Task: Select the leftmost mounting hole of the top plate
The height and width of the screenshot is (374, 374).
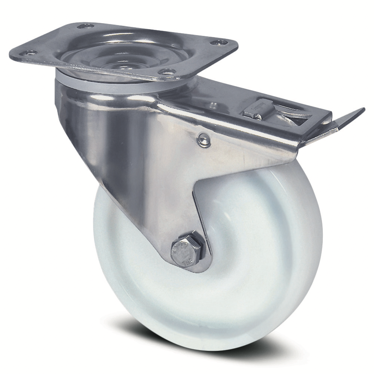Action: pos(30,53)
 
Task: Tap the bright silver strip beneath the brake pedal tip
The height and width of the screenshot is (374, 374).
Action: pos(329,129)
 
